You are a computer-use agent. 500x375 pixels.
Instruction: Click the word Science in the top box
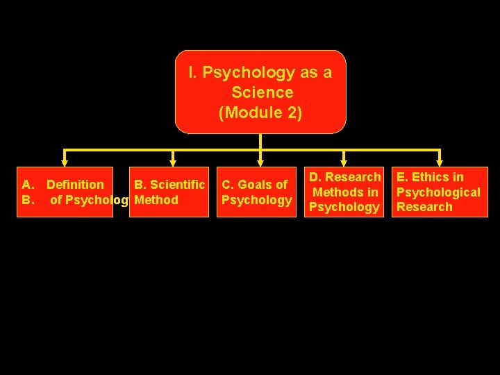262,92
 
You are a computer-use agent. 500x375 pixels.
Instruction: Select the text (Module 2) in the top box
260,112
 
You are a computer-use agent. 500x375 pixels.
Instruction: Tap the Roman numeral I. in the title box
193,72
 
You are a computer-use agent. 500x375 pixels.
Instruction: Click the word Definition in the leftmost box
75,185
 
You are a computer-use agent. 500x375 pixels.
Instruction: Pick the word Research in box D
353,177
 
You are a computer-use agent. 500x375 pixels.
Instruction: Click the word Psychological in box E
438,192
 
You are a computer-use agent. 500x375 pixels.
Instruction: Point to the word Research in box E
424,207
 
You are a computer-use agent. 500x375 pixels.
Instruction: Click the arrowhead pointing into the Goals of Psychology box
260,162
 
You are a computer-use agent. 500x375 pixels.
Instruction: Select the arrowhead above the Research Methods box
343,162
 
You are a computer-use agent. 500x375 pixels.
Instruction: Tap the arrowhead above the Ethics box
440,162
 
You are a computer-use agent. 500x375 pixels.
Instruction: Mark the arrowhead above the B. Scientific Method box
173,162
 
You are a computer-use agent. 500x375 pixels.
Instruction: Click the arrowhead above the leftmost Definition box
64,162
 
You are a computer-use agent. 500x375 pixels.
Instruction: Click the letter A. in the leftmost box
28,185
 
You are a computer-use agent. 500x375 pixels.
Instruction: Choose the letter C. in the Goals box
228,185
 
